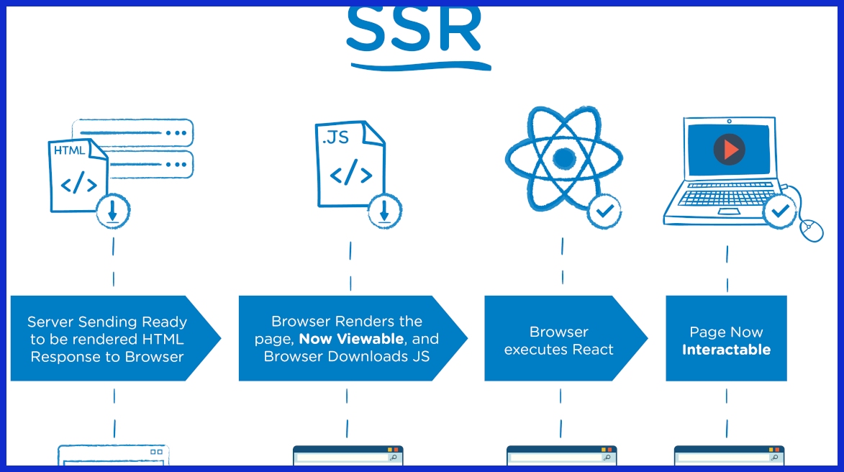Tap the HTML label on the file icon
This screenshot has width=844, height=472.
pos(70,150)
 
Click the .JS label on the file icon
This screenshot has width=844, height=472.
pos(336,137)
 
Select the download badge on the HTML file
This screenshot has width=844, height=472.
pos(114,211)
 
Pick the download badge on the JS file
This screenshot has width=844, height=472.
pos(385,211)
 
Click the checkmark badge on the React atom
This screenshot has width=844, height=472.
pos(604,212)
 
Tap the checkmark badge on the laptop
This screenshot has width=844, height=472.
pos(780,212)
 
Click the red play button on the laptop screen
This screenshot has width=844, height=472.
pos(730,150)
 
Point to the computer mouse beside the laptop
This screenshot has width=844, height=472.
pos(811,230)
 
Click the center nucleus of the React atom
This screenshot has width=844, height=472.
pos(564,158)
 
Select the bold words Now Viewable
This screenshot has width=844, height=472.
pos(351,339)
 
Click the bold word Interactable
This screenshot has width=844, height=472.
pos(726,350)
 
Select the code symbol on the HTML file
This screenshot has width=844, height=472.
pos(78,184)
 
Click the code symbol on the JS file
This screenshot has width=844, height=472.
pos(350,175)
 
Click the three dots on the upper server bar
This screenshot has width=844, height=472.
pos(176,133)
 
